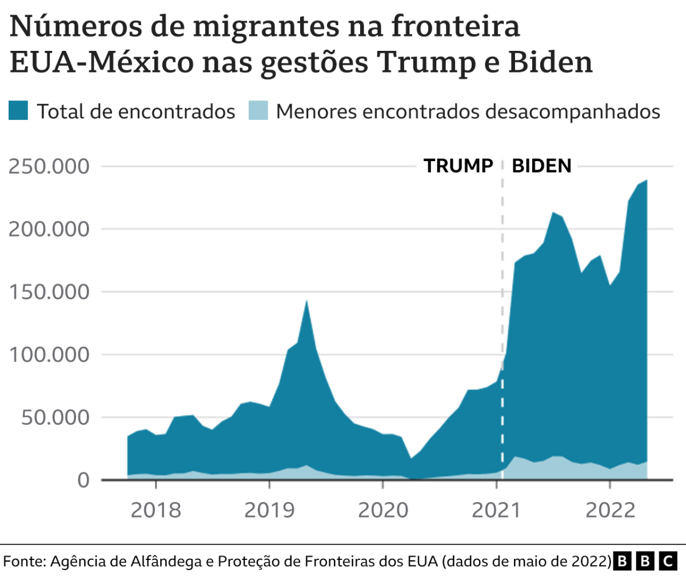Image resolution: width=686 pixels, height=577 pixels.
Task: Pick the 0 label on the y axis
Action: pos(83,480)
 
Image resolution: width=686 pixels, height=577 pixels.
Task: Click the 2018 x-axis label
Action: pos(155,510)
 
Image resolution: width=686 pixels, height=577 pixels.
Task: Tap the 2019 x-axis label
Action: pos(269,510)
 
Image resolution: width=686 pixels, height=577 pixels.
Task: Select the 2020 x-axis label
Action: pos(383,510)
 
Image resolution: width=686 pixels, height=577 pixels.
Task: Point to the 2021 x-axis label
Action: pos(496,510)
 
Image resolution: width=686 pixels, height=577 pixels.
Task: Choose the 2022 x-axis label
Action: pos(610,510)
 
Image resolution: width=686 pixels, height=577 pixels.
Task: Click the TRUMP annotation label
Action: pos(458,166)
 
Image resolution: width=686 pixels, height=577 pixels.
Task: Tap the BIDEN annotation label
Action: pos(541,166)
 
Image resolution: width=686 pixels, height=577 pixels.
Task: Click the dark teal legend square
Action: pos(18,110)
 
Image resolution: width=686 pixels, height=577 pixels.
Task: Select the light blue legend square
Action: pos(258,110)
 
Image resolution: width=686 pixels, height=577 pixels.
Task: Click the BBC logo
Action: pos(645,561)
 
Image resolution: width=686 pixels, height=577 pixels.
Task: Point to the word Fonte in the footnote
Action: pos(24,561)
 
